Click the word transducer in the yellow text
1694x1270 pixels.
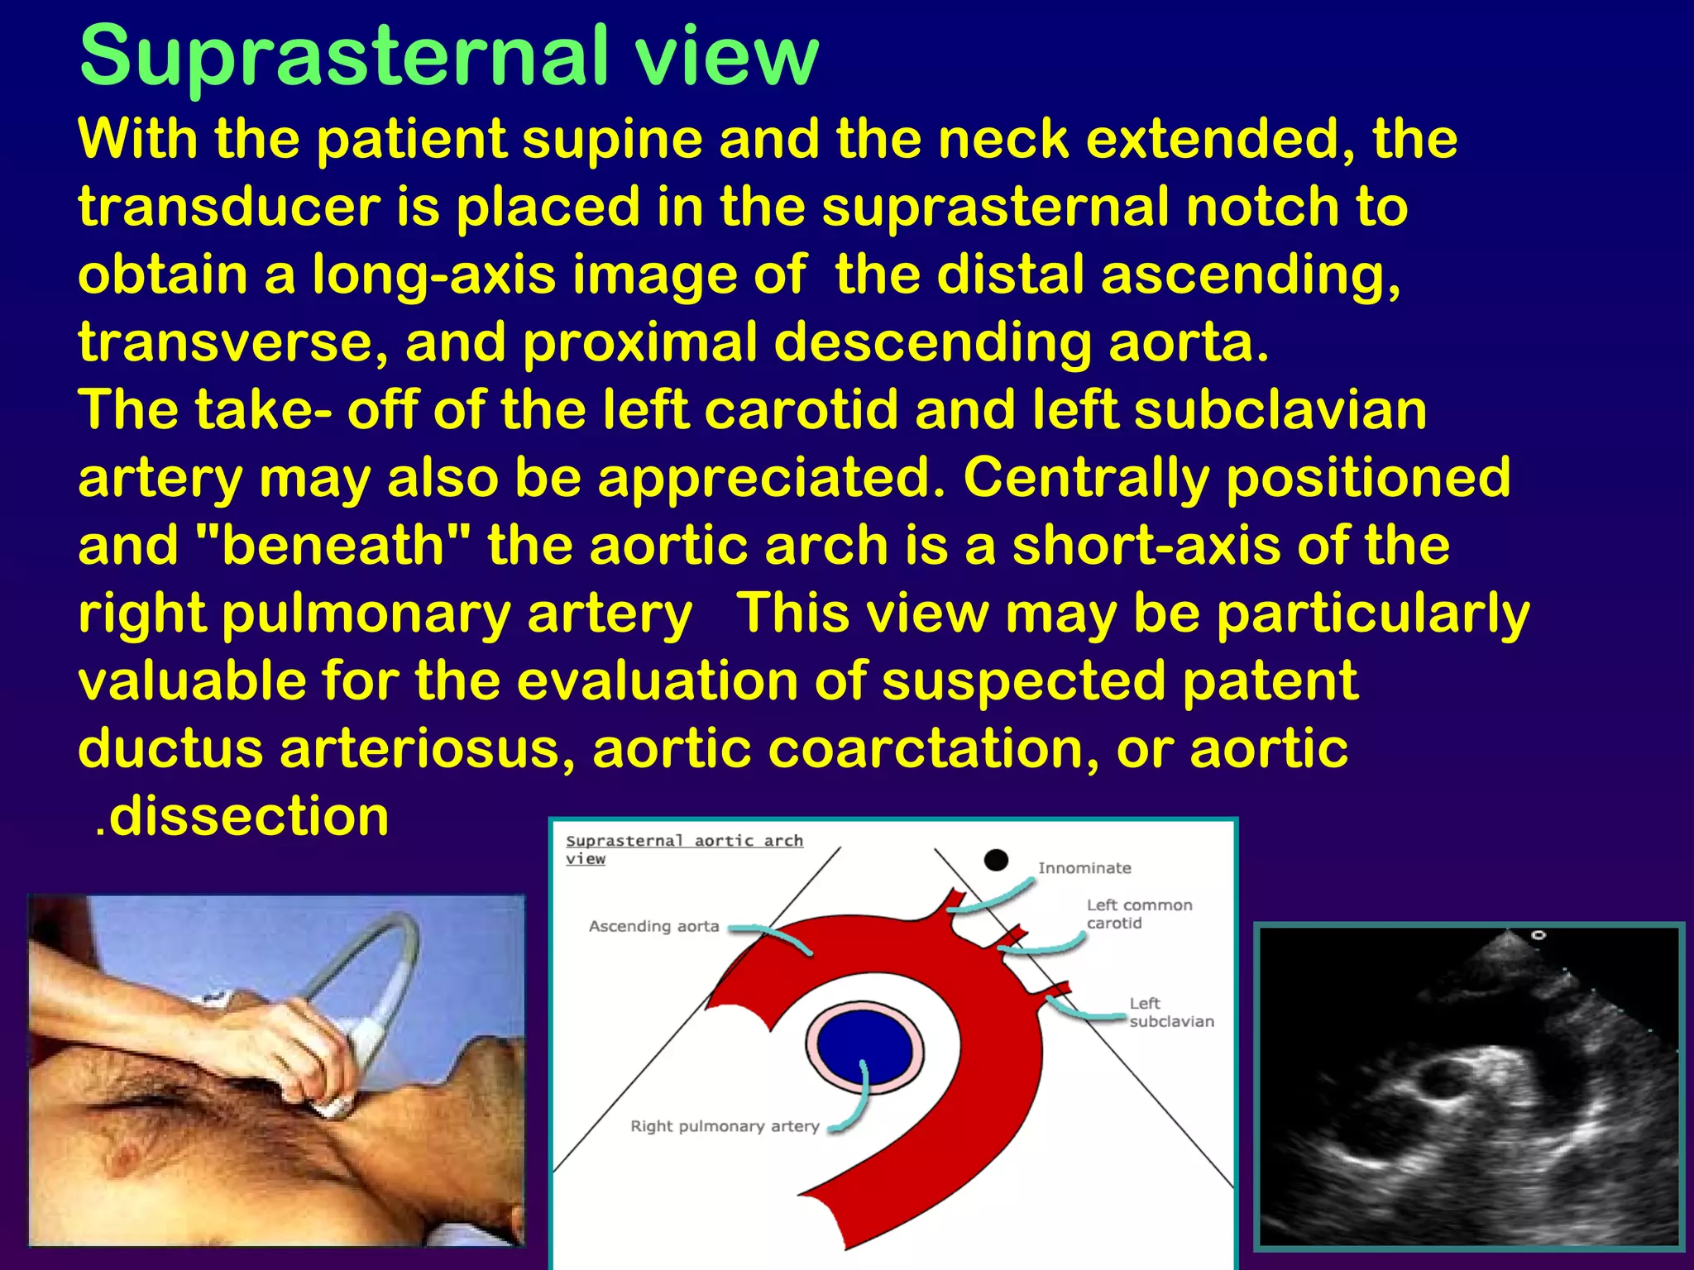click(229, 207)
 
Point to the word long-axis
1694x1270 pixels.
click(433, 275)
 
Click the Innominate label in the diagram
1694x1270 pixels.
click(1084, 868)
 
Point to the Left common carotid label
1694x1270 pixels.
click(1138, 914)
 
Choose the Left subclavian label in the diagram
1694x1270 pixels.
click(1170, 1012)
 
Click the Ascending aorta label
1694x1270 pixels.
click(653, 926)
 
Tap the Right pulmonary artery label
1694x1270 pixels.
click(725, 1126)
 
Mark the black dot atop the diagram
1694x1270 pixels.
click(996, 860)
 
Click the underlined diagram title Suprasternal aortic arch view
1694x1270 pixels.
click(683, 848)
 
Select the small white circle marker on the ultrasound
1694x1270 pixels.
click(1538, 935)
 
